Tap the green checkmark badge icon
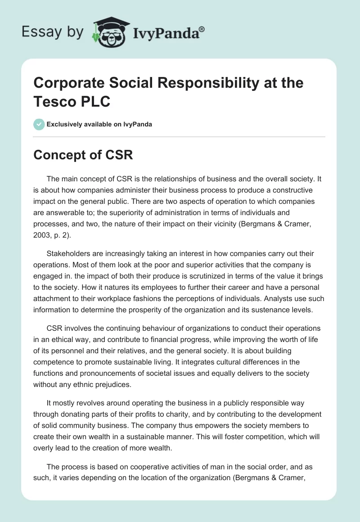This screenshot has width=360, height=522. pos(40,124)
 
